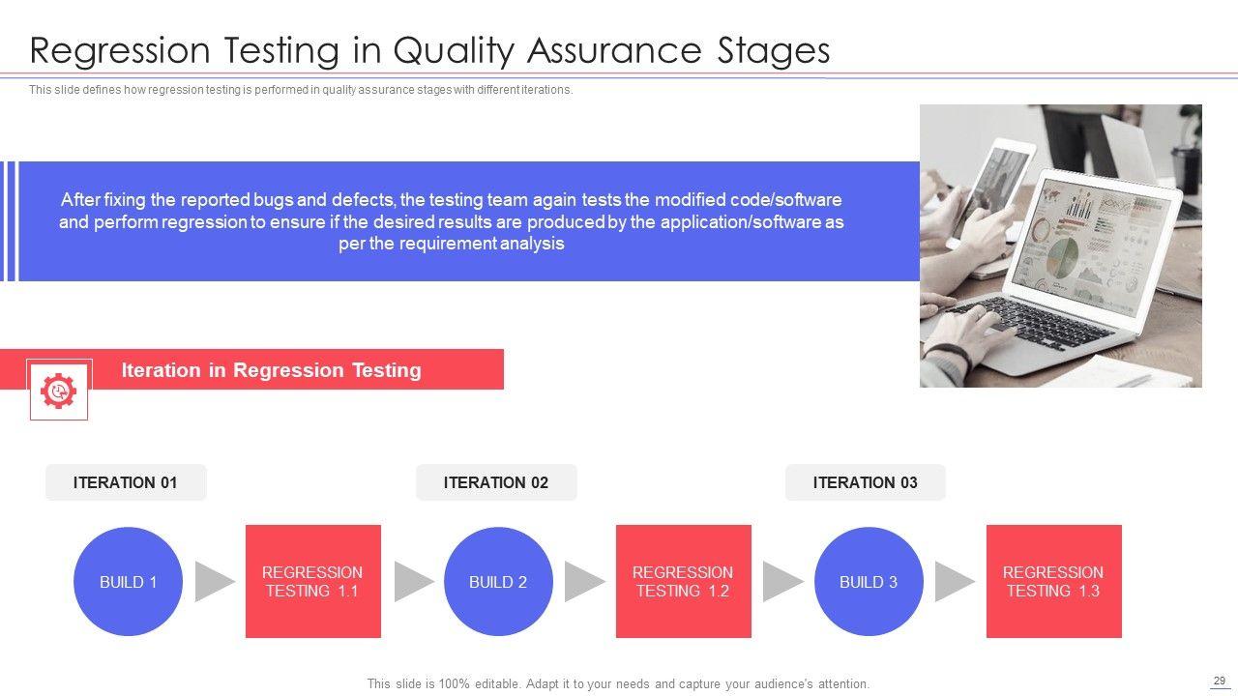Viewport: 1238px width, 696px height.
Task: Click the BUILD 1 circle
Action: coord(129,581)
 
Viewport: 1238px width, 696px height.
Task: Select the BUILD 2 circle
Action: coord(498,581)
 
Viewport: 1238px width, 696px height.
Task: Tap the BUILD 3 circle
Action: coord(869,581)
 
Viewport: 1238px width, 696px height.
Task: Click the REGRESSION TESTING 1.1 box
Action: coord(313,581)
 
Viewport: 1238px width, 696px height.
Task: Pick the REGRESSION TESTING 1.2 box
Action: coord(684,581)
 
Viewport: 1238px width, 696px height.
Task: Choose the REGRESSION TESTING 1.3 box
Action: coord(1054,581)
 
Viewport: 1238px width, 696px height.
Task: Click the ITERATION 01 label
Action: coord(126,482)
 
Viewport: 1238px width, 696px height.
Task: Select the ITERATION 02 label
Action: coord(496,482)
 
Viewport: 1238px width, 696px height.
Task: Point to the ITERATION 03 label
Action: coord(866,482)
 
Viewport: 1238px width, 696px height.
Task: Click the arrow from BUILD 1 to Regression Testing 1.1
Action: coord(215,582)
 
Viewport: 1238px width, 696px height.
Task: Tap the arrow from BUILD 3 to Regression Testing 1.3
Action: coord(955,582)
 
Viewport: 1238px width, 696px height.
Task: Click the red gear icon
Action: coord(59,391)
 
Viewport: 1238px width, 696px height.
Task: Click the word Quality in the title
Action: coord(454,51)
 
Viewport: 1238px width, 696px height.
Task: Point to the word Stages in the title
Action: coord(774,51)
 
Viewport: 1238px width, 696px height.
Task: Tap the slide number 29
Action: coord(1220,681)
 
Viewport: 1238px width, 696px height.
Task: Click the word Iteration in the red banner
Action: coord(161,370)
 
